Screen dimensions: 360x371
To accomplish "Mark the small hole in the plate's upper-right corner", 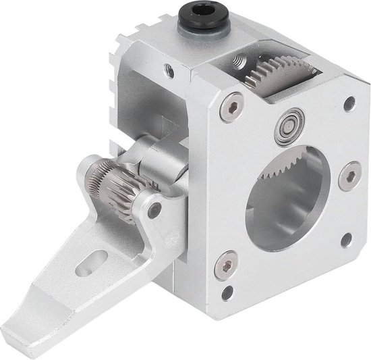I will [349, 104].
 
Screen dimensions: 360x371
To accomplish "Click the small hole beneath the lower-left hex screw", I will [226, 291].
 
